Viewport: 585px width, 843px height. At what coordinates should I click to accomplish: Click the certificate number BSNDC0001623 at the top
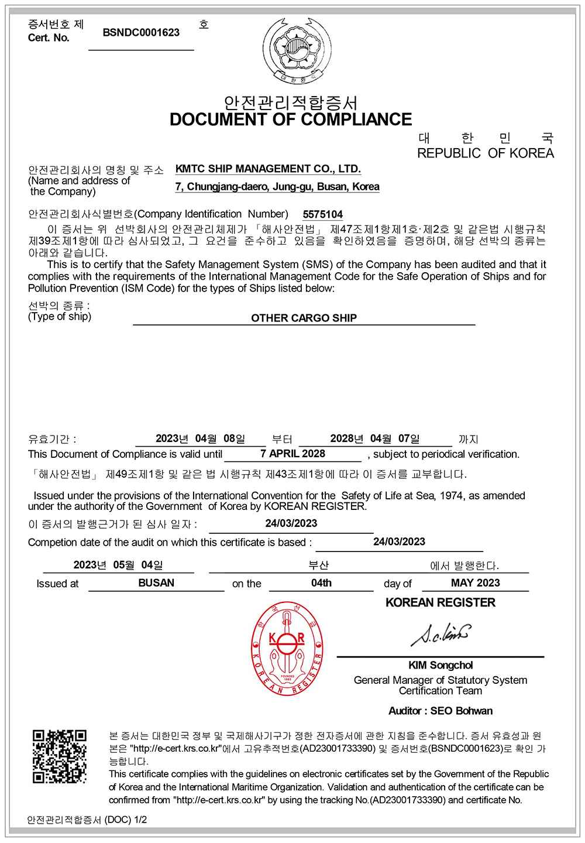pyautogui.click(x=141, y=33)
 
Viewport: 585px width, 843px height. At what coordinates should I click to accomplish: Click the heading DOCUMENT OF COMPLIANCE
pyautogui.click(x=291, y=119)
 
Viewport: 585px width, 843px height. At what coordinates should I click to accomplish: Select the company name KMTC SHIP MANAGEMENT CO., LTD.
pyautogui.click(x=268, y=169)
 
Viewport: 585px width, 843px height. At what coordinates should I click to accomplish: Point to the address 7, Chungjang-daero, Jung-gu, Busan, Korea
pyautogui.click(x=277, y=187)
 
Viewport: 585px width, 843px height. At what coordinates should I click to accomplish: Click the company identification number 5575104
pyautogui.click(x=323, y=214)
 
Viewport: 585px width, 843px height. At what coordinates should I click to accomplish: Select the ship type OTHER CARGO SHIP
pyautogui.click(x=304, y=318)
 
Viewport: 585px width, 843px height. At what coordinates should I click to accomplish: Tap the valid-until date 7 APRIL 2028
pyautogui.click(x=292, y=454)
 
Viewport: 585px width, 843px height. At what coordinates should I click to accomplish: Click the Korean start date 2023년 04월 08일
pyautogui.click(x=200, y=438)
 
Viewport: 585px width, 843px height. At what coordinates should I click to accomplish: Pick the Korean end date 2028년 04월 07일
pyautogui.click(x=375, y=438)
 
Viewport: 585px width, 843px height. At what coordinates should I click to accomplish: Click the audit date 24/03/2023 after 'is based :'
pyautogui.click(x=399, y=542)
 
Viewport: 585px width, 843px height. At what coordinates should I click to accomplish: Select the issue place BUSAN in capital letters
pyautogui.click(x=156, y=583)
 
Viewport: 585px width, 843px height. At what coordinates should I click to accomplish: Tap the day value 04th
pyautogui.click(x=321, y=583)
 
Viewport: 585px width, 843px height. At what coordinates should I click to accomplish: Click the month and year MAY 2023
pyautogui.click(x=475, y=583)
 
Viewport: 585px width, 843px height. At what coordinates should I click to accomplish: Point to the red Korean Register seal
pyautogui.click(x=287, y=648)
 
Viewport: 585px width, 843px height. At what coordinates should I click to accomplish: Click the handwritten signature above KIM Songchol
pyautogui.click(x=441, y=635)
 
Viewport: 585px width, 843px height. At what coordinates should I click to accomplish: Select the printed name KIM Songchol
pyautogui.click(x=441, y=665)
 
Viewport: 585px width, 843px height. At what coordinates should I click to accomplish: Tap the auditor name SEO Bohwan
pyautogui.click(x=462, y=711)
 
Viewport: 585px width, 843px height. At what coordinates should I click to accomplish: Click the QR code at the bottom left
pyautogui.click(x=59, y=756)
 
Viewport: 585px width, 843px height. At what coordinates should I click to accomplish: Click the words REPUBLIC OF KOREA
pyautogui.click(x=485, y=153)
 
